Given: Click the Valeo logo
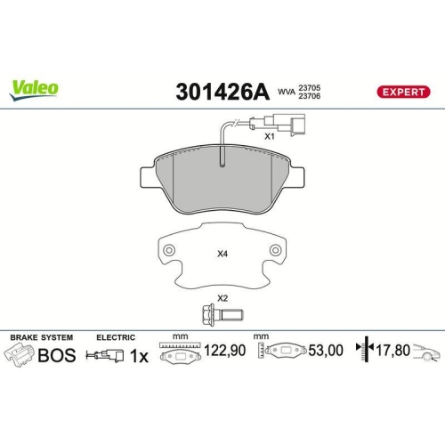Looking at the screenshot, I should point(35,87).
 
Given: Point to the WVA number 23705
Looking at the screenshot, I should point(310,86).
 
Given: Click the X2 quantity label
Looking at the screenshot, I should point(222,298).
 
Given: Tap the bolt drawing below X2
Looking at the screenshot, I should point(222,316).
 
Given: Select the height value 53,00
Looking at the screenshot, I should point(325,352).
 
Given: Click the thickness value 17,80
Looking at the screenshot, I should point(392,352).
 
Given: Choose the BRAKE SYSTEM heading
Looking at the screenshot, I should point(40,337).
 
